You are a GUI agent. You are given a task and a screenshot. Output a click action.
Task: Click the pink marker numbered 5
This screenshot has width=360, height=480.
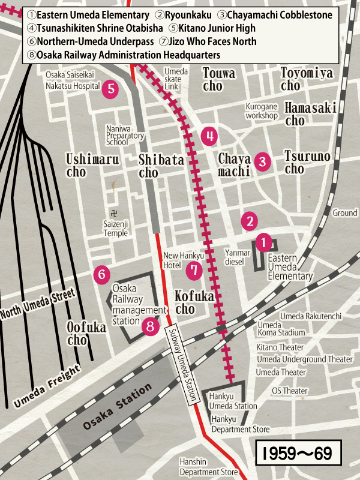[110, 89]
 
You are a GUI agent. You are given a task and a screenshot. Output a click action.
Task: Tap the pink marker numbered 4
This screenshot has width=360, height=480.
[209, 136]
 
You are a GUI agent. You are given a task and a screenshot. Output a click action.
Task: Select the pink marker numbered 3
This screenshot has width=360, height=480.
[262, 161]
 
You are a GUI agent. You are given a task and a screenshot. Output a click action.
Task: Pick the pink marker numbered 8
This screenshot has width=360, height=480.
[151, 326]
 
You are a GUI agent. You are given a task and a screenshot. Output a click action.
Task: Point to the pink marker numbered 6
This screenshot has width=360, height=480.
[102, 275]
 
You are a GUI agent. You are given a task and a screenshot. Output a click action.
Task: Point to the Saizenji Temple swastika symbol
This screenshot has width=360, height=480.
[114, 213]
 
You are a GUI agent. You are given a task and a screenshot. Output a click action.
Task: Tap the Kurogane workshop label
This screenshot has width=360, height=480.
[262, 111]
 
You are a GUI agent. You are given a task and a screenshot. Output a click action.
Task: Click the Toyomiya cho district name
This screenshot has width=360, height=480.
[307, 79]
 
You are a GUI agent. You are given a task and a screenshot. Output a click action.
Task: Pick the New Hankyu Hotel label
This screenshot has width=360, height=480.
[180, 260]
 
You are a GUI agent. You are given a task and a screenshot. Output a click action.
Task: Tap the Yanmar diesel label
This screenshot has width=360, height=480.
[237, 257]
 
